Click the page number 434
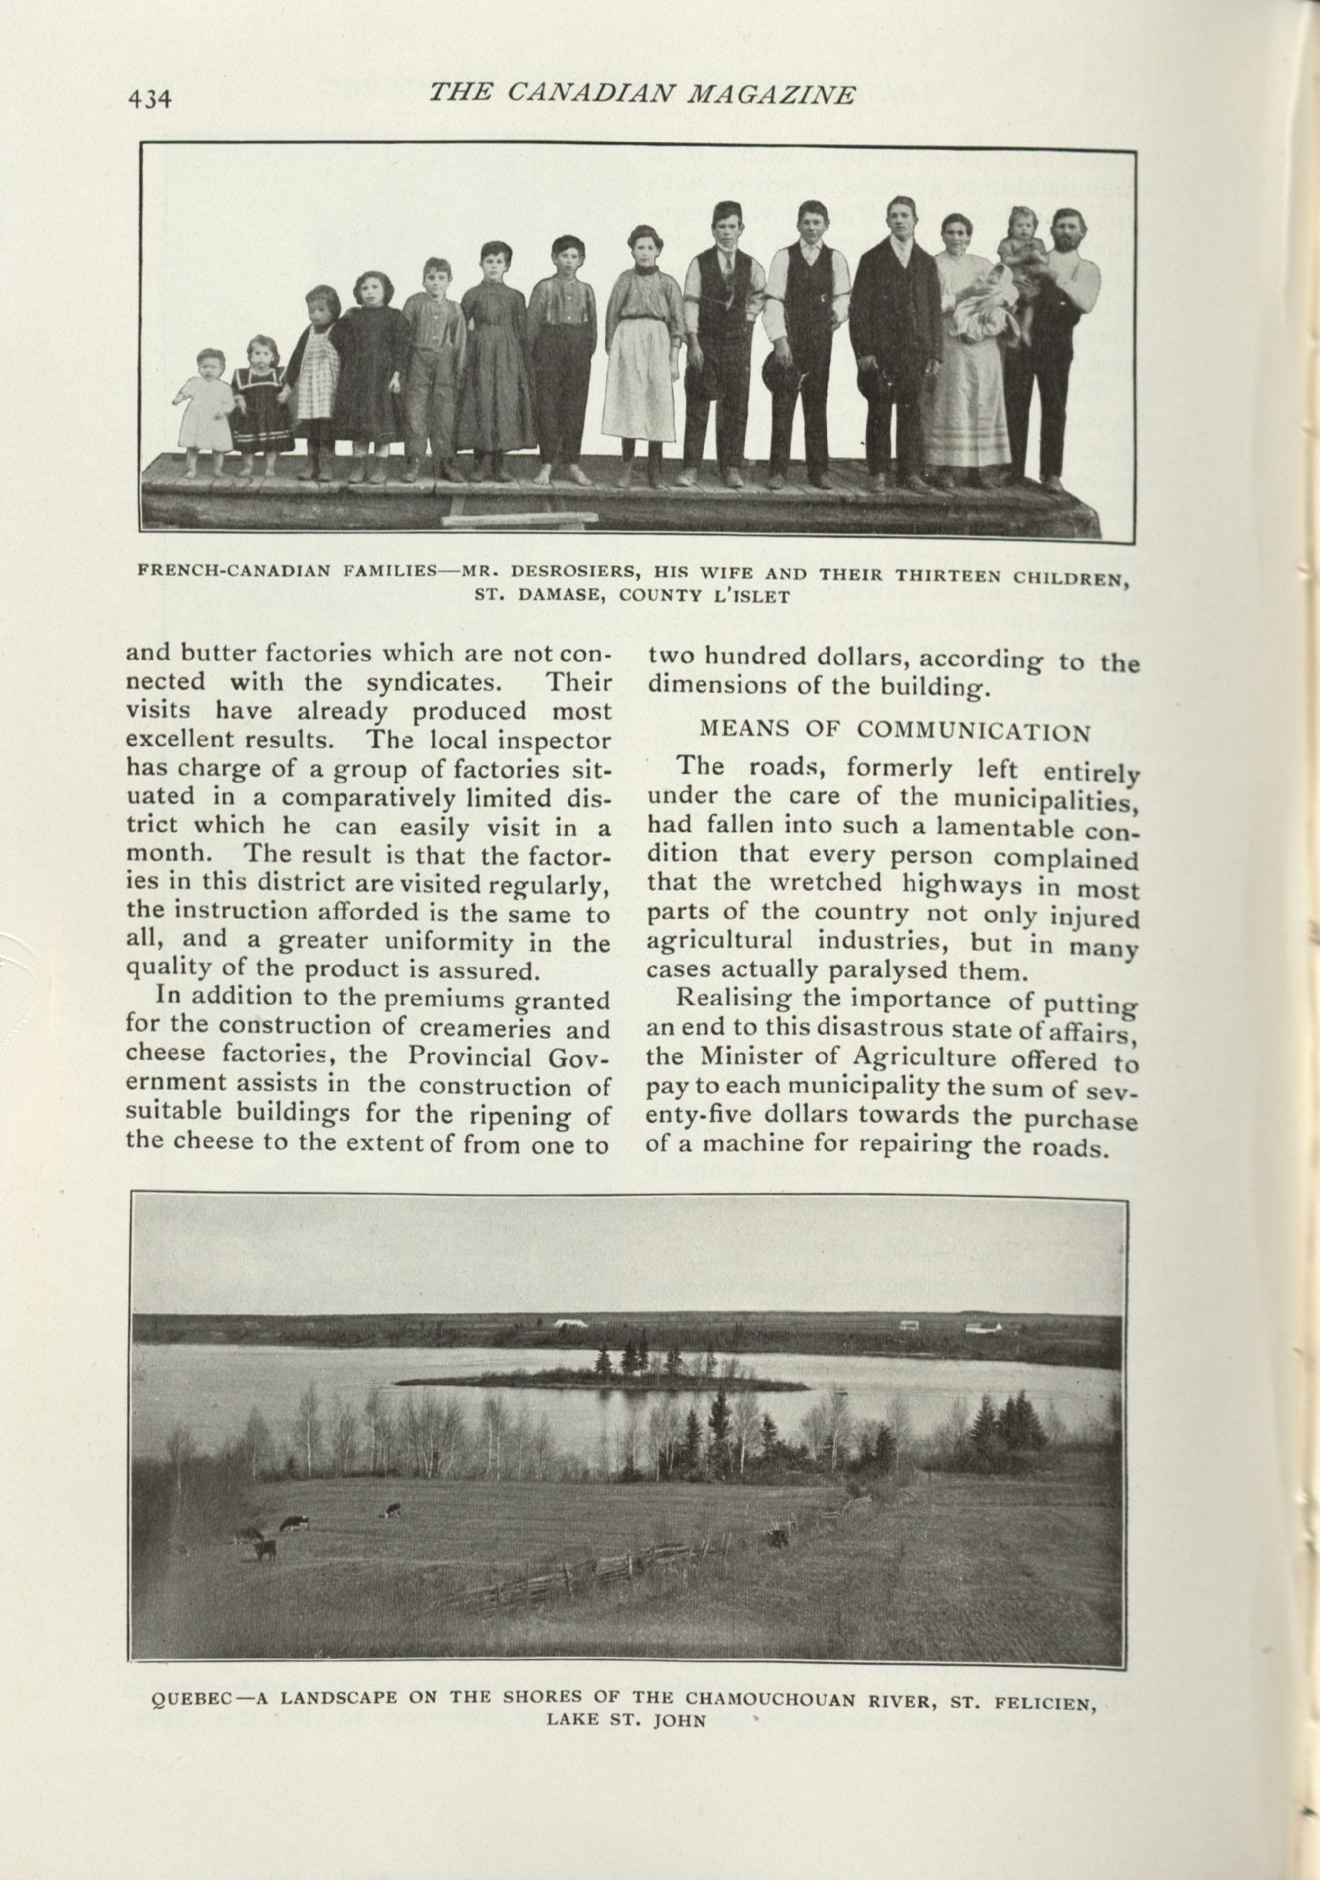[x=148, y=98]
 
